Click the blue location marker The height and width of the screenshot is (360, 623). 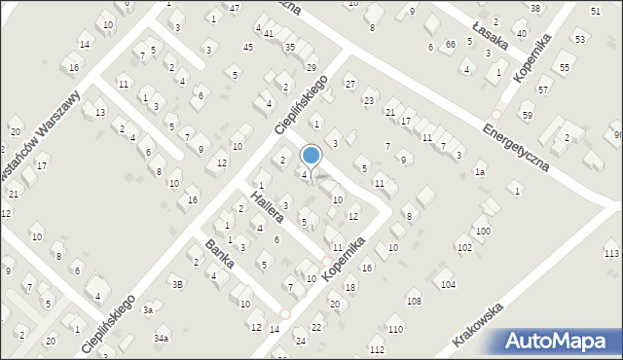point(311,155)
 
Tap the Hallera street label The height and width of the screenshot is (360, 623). point(266,207)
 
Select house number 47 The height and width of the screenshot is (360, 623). point(235,8)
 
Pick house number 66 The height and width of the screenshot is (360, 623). point(450,45)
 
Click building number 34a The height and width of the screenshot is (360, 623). point(162,338)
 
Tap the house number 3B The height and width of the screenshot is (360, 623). point(177,284)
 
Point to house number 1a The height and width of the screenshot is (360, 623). point(480,172)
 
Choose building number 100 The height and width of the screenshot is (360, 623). point(483,231)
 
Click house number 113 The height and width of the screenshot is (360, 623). point(610,253)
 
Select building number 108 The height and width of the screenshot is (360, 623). point(414,302)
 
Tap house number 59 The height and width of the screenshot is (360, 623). point(528,116)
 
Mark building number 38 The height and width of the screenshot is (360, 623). point(535,8)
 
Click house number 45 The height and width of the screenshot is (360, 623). point(248,47)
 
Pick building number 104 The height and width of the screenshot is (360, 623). point(448,284)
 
